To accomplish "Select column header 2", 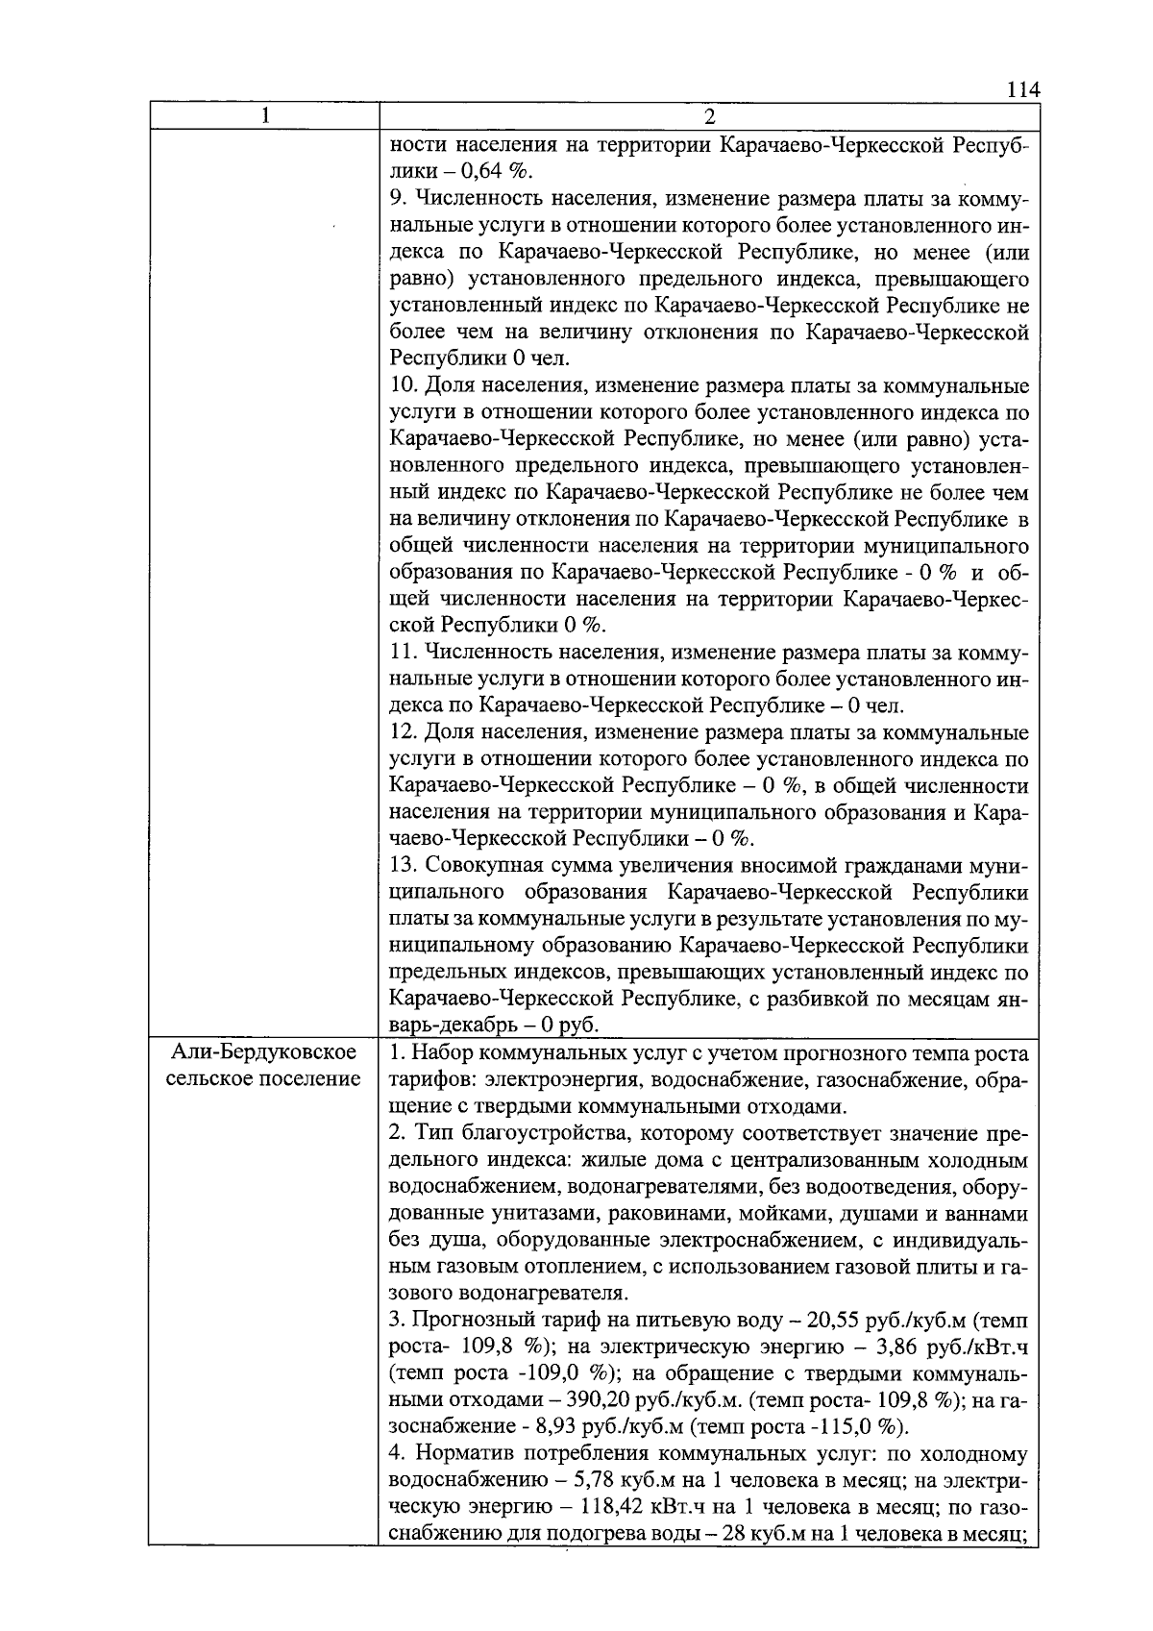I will (709, 117).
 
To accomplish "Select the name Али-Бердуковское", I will (263, 1052).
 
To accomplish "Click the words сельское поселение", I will (263, 1078).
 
